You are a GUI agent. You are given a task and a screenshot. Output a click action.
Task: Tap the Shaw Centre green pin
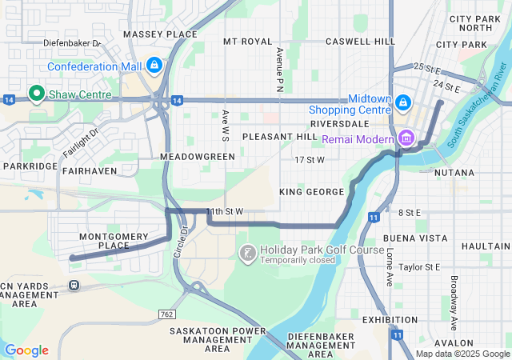[x=36, y=94]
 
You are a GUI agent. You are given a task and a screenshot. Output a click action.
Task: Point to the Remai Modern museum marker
[x=406, y=138]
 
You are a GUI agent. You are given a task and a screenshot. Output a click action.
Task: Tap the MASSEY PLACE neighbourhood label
[x=160, y=34]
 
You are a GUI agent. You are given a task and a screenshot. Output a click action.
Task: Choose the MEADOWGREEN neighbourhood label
[x=198, y=157]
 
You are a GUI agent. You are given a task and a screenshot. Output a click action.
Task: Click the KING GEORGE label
[x=312, y=192]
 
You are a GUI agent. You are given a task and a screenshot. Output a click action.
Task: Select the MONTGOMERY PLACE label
[x=114, y=241]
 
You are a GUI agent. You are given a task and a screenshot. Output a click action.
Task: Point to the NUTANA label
[x=454, y=173]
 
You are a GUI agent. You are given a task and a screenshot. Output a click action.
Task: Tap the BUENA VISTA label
[x=415, y=238]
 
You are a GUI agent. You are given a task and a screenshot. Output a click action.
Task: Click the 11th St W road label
[x=224, y=211]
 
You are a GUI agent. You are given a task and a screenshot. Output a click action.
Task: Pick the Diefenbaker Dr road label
[x=71, y=42]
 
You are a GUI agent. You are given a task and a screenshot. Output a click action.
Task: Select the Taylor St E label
[x=419, y=266]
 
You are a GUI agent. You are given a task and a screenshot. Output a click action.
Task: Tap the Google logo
[x=26, y=350]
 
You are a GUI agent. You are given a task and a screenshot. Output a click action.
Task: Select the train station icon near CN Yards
[x=74, y=285]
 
